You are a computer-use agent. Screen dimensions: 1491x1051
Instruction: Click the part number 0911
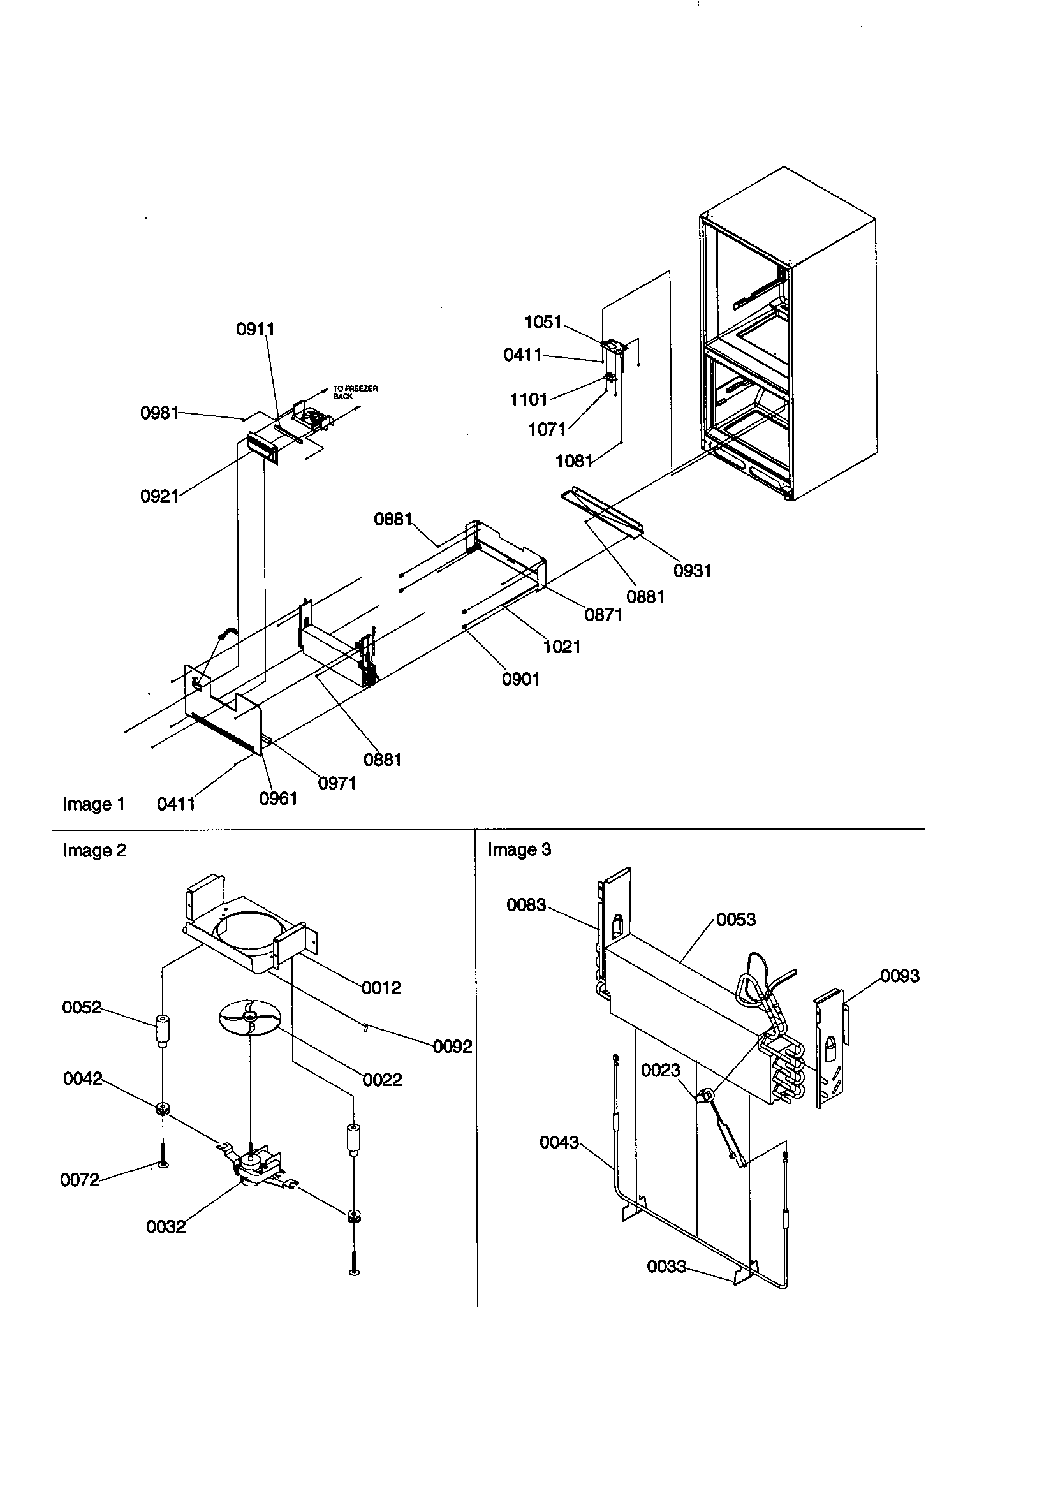254,329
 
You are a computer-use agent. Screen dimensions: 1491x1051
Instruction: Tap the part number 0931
692,571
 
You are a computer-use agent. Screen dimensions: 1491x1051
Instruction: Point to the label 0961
278,798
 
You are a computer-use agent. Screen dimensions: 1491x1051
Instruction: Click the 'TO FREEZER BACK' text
355,392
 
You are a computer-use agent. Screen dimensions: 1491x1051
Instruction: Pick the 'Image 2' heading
94,850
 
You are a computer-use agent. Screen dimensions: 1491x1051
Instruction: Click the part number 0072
79,1180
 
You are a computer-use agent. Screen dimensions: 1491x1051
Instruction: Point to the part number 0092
452,1047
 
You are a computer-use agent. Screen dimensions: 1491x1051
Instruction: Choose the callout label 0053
735,920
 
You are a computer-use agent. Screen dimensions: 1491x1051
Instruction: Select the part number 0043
559,1142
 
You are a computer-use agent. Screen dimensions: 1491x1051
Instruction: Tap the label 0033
666,1267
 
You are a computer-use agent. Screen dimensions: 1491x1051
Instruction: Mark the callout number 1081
573,461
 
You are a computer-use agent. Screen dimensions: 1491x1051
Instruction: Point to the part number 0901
520,679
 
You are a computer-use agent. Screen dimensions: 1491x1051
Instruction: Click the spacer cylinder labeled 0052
163,1030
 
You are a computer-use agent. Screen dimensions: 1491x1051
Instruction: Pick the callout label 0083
526,906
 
